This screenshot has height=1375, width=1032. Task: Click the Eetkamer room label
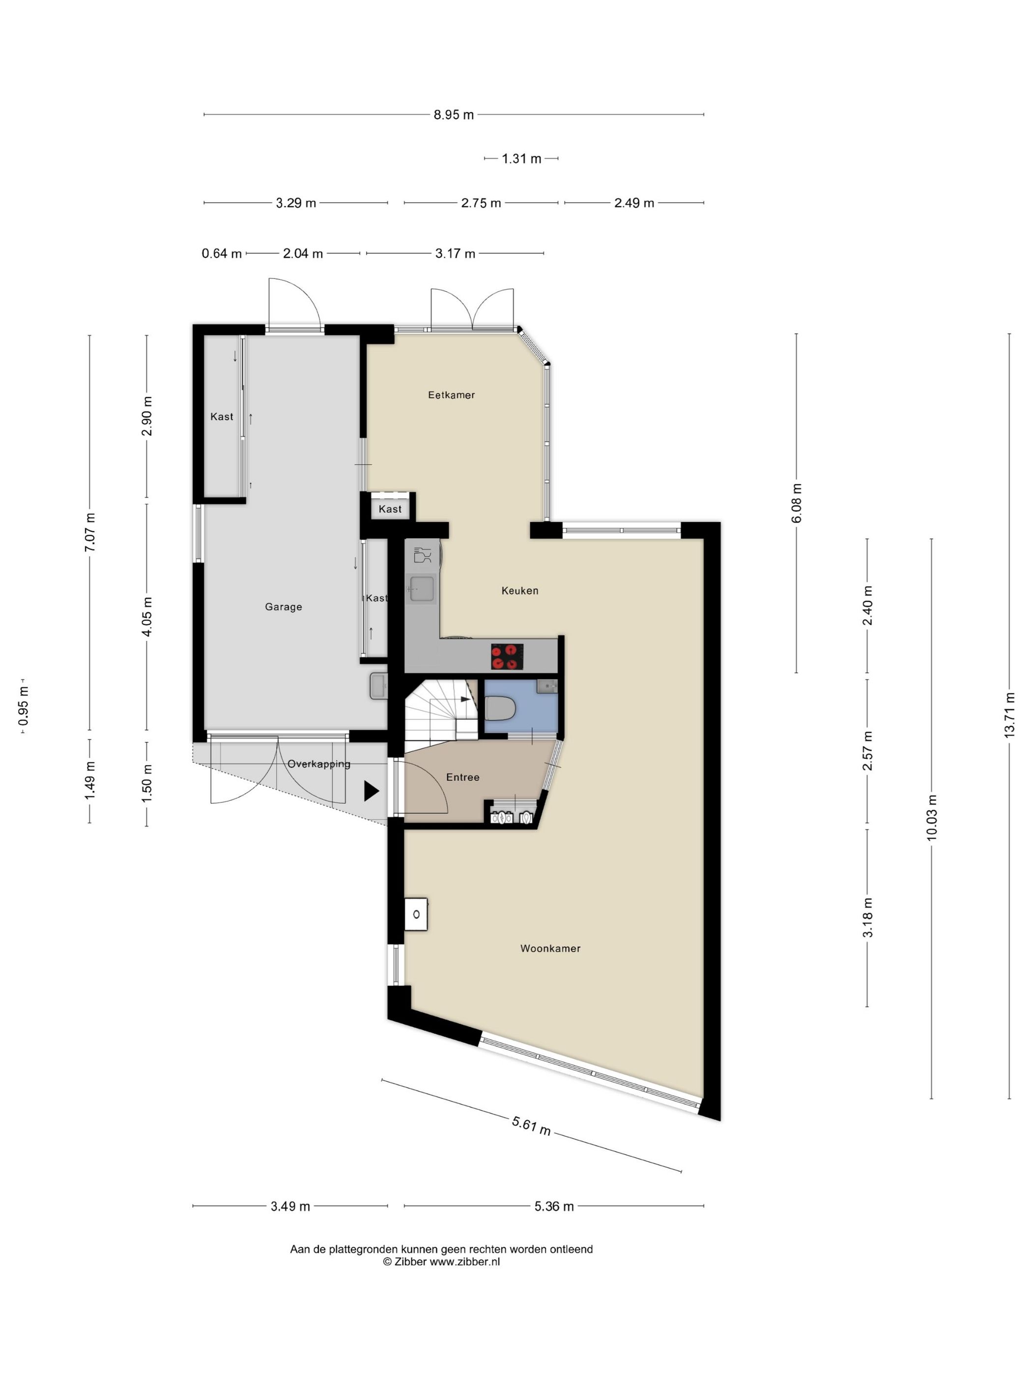click(x=451, y=395)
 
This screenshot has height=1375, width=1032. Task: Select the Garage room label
click(x=283, y=606)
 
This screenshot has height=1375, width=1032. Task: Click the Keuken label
click(x=519, y=591)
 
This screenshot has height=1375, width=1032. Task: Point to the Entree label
click(x=462, y=777)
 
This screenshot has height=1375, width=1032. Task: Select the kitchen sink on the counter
click(x=421, y=589)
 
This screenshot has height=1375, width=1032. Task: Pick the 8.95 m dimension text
click(x=454, y=115)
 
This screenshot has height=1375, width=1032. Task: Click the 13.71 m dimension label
click(x=1009, y=715)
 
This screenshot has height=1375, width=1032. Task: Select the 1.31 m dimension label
click(x=521, y=159)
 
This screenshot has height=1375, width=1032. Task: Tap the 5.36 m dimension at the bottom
click(x=554, y=1207)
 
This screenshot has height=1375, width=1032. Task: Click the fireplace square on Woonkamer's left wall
click(x=416, y=914)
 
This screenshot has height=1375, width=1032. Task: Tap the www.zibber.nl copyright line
click(x=441, y=1262)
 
